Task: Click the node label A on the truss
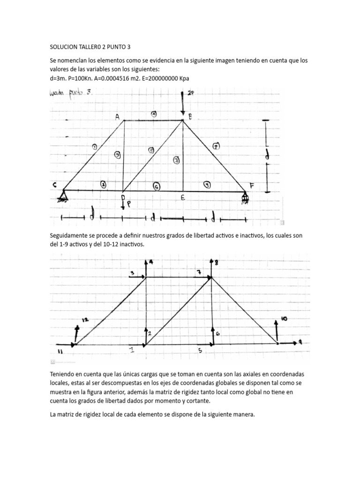[117, 117]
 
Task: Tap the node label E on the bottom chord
[182, 198]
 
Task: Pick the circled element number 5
[151, 150]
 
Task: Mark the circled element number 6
[157, 187]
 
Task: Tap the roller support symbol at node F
[245, 198]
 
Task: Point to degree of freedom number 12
[84, 320]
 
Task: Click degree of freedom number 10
[284, 318]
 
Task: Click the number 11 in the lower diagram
[60, 351]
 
